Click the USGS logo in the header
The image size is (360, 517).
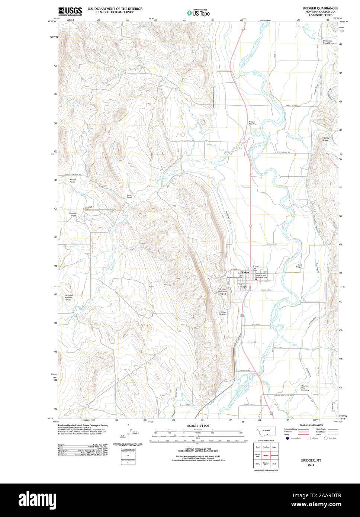pos(70,12)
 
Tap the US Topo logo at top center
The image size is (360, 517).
pos(198,13)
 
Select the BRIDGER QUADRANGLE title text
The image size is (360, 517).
pos(320,8)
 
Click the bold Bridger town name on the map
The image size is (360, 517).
pos(245,272)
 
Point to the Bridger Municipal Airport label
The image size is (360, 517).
pos(223,291)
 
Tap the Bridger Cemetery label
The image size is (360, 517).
pos(223,313)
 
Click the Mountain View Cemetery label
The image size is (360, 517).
pos(305,388)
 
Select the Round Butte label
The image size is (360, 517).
pos(325,139)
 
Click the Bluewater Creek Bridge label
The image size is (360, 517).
pos(328,42)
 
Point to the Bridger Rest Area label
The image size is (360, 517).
pos(252,123)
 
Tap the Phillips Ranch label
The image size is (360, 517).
pos(73,181)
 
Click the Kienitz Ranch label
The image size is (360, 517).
pos(129,196)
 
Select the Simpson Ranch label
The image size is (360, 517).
pos(73,214)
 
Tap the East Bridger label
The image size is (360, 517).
pos(299,266)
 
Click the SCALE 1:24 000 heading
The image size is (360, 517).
pos(198,426)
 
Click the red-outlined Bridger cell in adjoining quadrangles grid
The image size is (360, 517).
pos(266,455)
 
